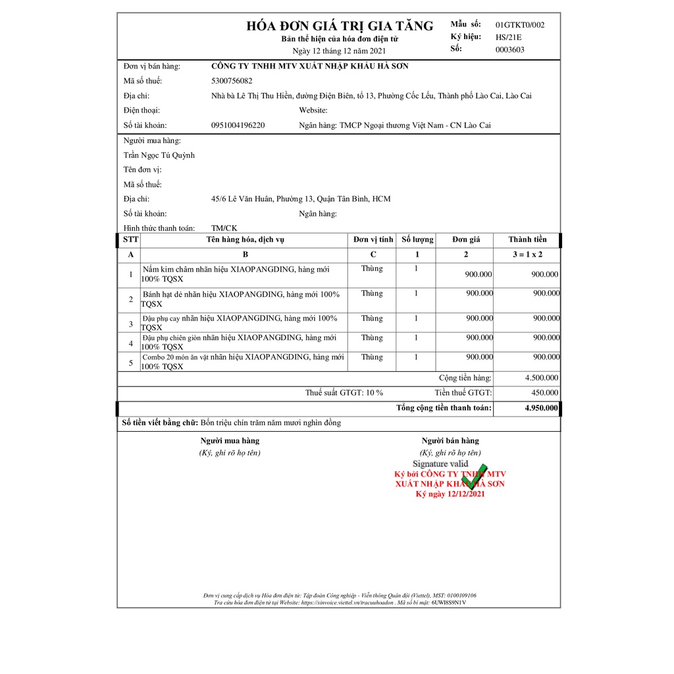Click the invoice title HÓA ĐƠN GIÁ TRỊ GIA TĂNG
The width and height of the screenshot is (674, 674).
[x=340, y=26]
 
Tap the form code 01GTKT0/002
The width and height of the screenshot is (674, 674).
[x=520, y=25]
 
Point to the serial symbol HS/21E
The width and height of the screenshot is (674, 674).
[x=508, y=37]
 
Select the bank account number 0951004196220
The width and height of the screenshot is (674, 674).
[x=238, y=125]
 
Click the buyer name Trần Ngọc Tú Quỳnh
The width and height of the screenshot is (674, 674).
[x=159, y=155]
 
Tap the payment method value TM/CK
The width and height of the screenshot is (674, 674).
[x=224, y=228]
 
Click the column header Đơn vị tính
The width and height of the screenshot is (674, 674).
[x=373, y=240]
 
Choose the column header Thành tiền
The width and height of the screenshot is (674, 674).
[x=527, y=240]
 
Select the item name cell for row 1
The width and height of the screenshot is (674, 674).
[x=244, y=274]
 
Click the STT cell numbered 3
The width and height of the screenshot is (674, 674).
[x=130, y=324]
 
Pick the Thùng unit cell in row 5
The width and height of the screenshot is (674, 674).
[x=372, y=357]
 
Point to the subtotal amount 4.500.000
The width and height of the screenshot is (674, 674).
[x=542, y=378]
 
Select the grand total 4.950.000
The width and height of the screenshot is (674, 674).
[x=541, y=408]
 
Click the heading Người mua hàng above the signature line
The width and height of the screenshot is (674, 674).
[x=230, y=441]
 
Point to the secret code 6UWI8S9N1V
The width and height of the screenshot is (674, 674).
[x=449, y=602]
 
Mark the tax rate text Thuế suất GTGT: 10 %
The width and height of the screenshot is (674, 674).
[x=344, y=393]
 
